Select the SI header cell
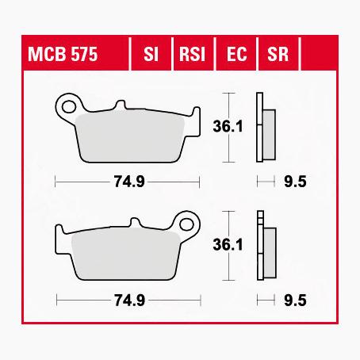click(x=149, y=56)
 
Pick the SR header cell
click(x=277, y=56)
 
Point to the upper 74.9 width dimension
click(x=127, y=182)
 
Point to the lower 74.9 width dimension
click(x=127, y=300)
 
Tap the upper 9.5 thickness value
click(x=295, y=182)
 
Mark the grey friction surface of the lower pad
click(x=127, y=254)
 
